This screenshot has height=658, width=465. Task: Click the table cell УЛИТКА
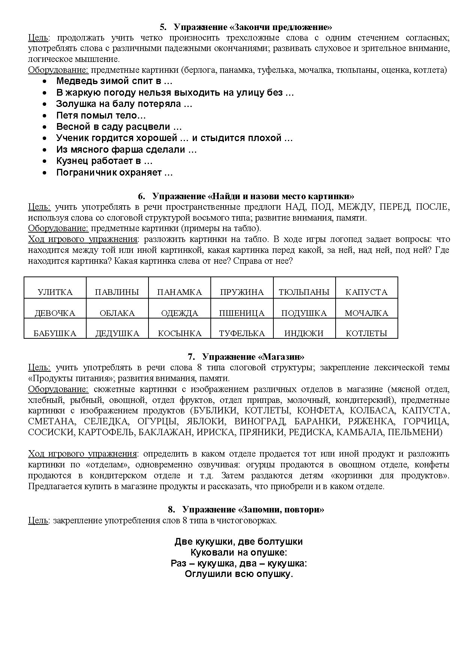(55, 292)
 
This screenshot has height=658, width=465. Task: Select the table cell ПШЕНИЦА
(242, 313)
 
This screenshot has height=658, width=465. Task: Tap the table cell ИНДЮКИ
(304, 333)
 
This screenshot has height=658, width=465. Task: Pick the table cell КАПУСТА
(366, 292)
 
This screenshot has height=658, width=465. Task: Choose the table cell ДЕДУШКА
(117, 333)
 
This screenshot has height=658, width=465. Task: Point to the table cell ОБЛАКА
(117, 313)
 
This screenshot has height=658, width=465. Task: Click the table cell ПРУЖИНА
(242, 292)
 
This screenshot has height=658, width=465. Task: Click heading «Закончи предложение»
(246, 27)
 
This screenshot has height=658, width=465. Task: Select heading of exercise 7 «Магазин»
(246, 356)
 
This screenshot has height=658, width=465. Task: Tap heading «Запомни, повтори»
(246, 509)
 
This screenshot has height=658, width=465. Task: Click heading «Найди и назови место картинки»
(246, 196)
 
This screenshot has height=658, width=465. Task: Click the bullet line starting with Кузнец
(104, 161)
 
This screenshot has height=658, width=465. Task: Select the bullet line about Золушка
(124, 104)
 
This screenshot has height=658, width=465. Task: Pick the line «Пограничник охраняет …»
(114, 173)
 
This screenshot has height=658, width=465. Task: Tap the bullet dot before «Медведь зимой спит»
(45, 81)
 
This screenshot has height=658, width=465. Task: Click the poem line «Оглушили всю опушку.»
(238, 574)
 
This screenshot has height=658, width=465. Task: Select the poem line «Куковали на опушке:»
(238, 552)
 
